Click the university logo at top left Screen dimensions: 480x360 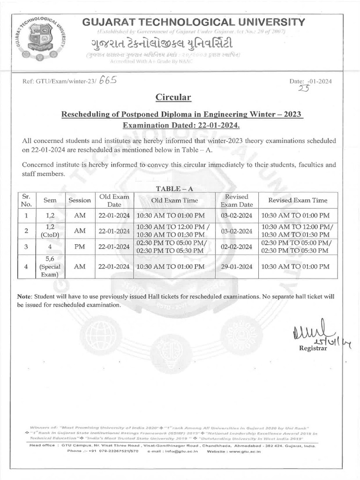point(42,39)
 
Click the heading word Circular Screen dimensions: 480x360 point(173,97)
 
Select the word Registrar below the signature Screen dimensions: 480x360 point(313,349)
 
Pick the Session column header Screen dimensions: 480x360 point(80,201)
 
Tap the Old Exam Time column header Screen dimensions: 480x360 point(174,201)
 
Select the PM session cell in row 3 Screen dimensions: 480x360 point(80,247)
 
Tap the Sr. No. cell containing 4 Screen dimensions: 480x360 point(26,266)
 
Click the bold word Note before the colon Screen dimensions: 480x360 point(23,297)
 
